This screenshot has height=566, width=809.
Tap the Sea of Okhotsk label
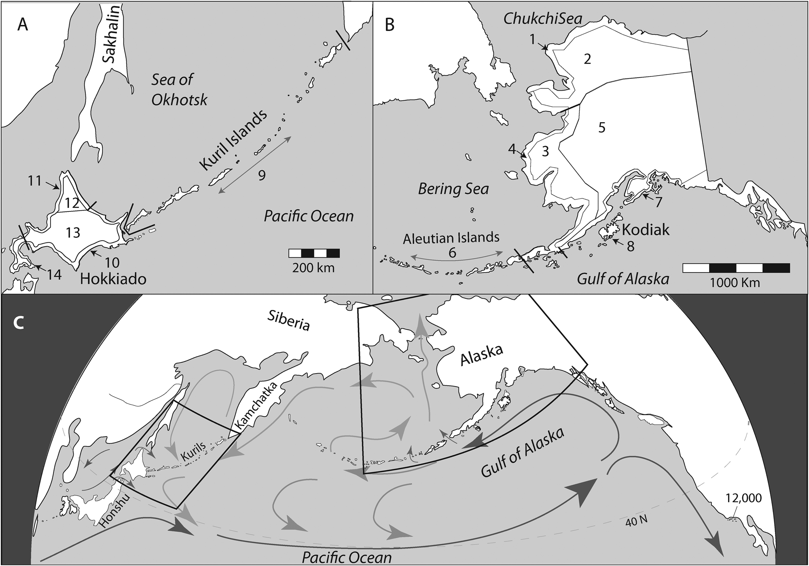pos(179,89)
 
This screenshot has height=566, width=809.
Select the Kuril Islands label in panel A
pos(233,141)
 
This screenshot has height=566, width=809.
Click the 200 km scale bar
pos(314,253)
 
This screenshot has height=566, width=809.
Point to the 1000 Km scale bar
pos(736,268)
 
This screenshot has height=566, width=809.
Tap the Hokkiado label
pos(113,279)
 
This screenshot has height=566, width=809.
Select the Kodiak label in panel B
pos(646,230)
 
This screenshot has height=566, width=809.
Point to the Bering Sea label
pos(453,189)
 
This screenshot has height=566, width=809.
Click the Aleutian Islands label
pos(451,237)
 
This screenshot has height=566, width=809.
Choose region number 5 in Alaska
pos(601,127)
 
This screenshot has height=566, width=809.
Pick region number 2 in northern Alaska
pos(587,59)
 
